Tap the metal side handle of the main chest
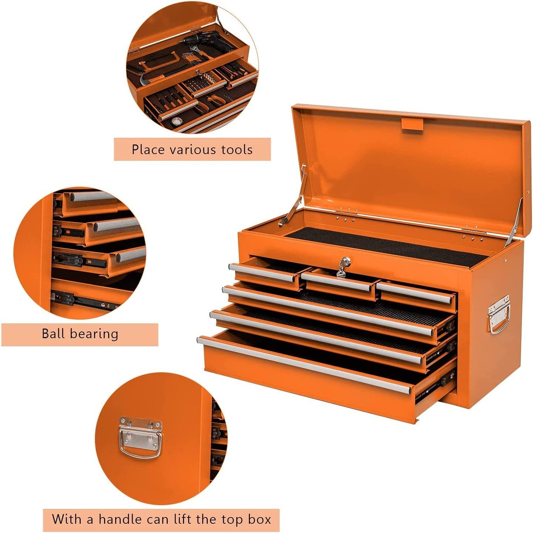point(499,314)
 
